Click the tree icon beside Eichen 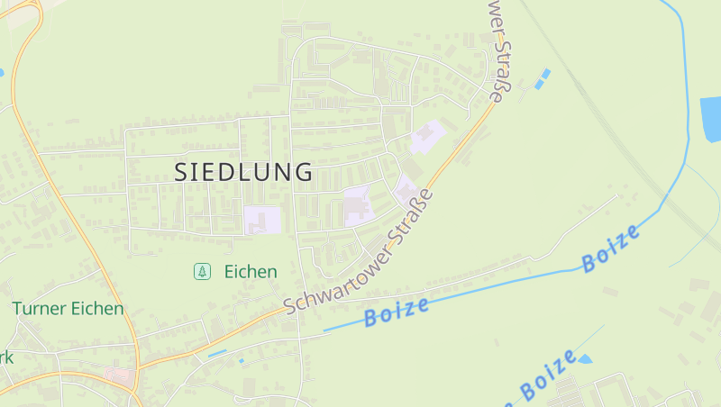[203, 271]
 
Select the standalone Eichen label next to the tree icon [251, 271]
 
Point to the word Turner [39, 309]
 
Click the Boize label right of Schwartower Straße [397, 312]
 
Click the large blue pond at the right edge [710, 119]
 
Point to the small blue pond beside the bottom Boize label [584, 359]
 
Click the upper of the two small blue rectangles [545, 72]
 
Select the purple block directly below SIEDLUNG [262, 220]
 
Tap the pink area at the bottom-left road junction [118, 374]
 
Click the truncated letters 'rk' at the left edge [6, 357]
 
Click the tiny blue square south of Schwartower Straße [241, 360]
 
